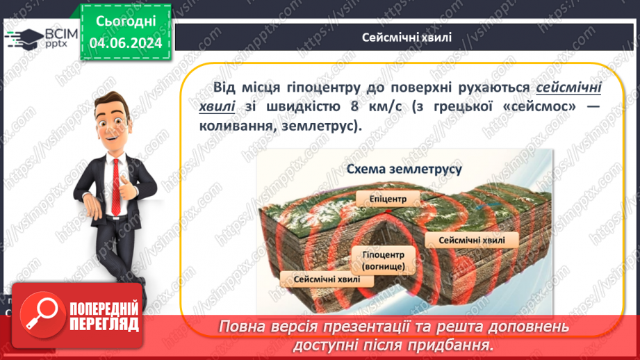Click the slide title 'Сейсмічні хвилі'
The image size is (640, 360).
point(407,37)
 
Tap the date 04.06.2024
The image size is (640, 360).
point(125,43)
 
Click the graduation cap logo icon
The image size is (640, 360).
point(24,38)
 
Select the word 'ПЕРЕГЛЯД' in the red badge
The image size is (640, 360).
point(105,325)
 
